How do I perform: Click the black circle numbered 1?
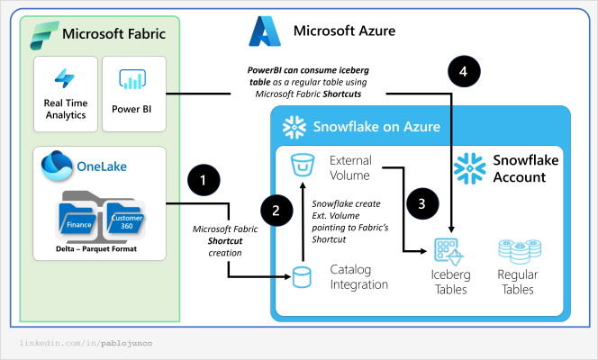(204, 181)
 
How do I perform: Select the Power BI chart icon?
(132, 80)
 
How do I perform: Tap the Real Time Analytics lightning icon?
(64, 79)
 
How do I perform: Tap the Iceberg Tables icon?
(448, 252)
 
